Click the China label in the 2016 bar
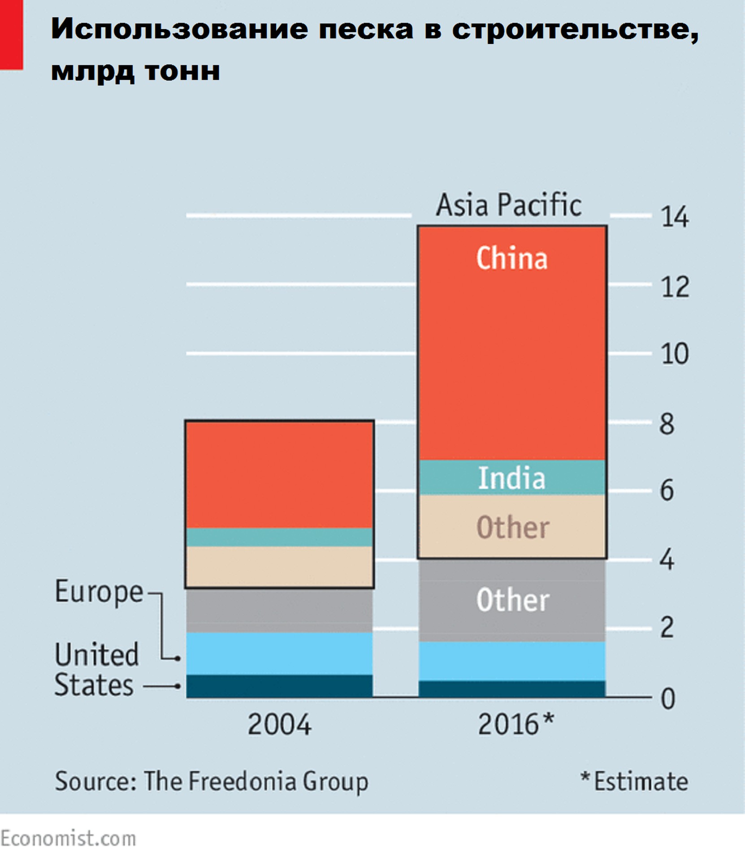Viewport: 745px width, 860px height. tap(511, 258)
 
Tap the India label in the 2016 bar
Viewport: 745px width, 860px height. tap(511, 478)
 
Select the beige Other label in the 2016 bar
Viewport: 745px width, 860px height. tap(512, 527)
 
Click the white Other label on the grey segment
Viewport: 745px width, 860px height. tap(512, 600)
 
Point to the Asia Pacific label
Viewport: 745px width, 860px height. tap(509, 205)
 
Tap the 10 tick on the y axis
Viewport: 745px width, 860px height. tap(674, 354)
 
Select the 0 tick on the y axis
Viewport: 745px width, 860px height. tap(667, 698)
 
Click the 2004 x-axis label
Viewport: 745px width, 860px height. tap(279, 724)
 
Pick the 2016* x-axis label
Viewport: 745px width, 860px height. tap(515, 724)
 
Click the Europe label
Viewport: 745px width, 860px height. tap(99, 592)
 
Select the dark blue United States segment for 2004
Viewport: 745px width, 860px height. tap(279, 686)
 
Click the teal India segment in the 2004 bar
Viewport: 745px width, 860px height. tap(279, 537)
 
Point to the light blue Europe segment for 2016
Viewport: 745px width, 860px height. tap(511, 661)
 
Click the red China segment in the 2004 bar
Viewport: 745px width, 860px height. tap(279, 475)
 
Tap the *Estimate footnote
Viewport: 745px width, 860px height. tap(634, 782)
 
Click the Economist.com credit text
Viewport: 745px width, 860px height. tap(68, 838)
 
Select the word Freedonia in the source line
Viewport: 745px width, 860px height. tap(242, 782)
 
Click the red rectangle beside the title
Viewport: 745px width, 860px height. tap(11, 34)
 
